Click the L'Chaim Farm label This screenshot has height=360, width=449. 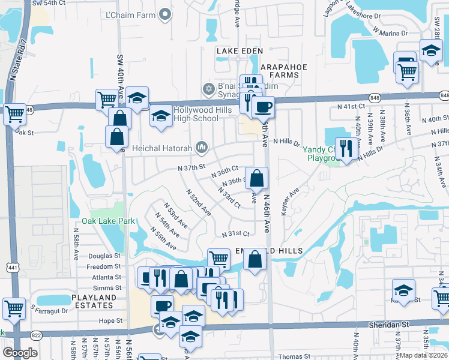click(130, 15)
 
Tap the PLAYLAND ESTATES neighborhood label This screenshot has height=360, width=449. click(94, 301)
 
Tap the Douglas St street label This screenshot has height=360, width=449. click(104, 256)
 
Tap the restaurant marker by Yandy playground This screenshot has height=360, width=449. click(346, 148)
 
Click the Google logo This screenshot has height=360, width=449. click(20, 352)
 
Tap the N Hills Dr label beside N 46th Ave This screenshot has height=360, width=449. click(286, 142)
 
